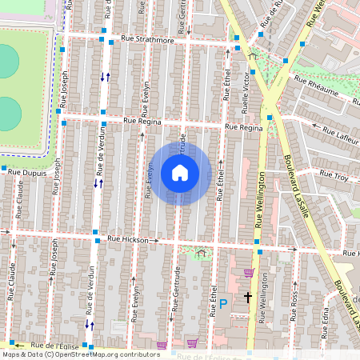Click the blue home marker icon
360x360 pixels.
[x=180, y=173]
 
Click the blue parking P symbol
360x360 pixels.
[x=224, y=303]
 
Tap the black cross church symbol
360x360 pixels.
[x=248, y=297]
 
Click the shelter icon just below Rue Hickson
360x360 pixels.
[x=200, y=253]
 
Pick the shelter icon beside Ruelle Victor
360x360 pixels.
[x=254, y=56]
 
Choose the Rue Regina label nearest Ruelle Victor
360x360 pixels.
[x=243, y=127]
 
